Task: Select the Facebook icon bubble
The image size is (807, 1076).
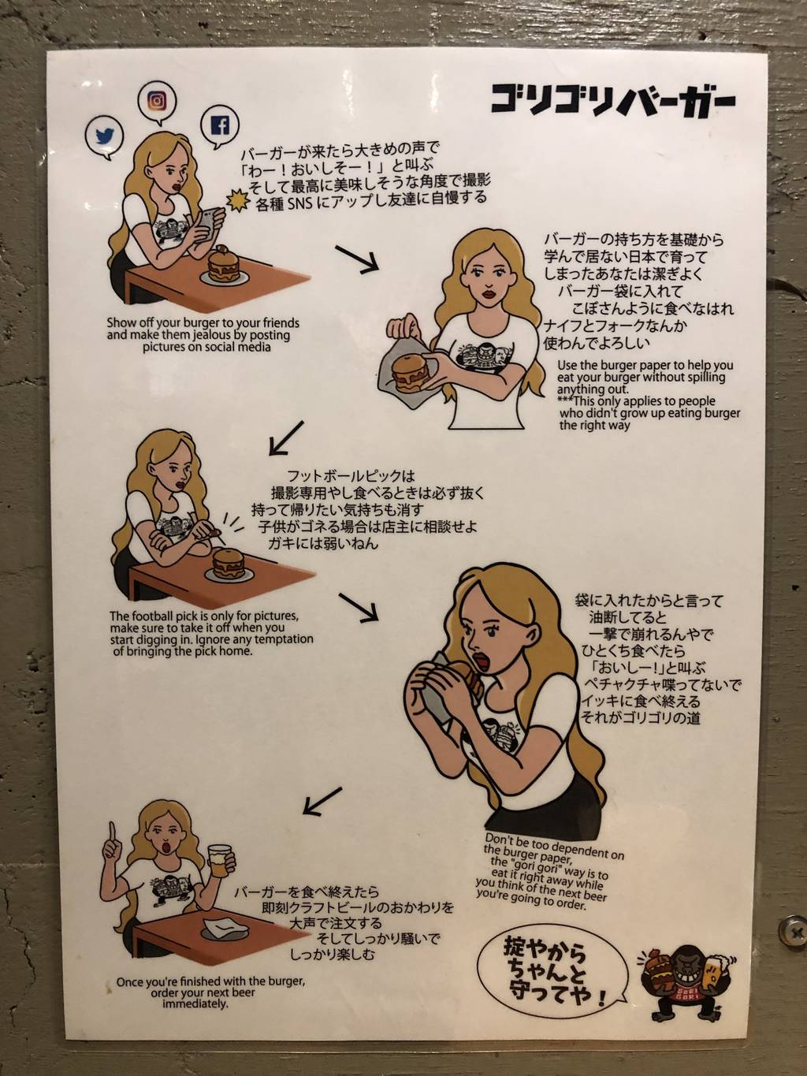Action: pyautogui.click(x=221, y=125)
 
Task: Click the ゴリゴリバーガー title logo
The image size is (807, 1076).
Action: pyautogui.click(x=612, y=100)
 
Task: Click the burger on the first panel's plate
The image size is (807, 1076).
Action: pyautogui.click(x=224, y=265)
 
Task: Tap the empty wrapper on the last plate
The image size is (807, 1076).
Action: pyautogui.click(x=221, y=926)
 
